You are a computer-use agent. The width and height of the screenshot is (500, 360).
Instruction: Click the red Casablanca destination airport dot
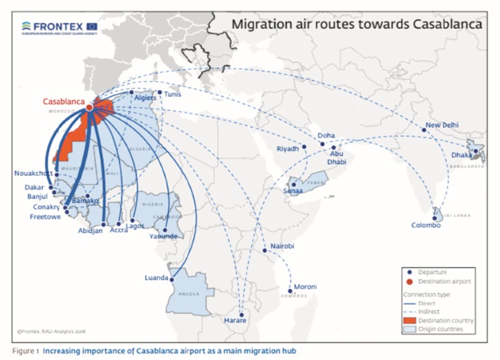pos(90,106)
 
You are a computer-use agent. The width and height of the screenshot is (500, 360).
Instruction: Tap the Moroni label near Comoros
pos(305,287)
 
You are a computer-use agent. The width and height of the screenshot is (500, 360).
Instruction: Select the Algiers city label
pos(145,99)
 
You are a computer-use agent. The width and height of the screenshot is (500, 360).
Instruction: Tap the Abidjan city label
pos(91,231)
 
